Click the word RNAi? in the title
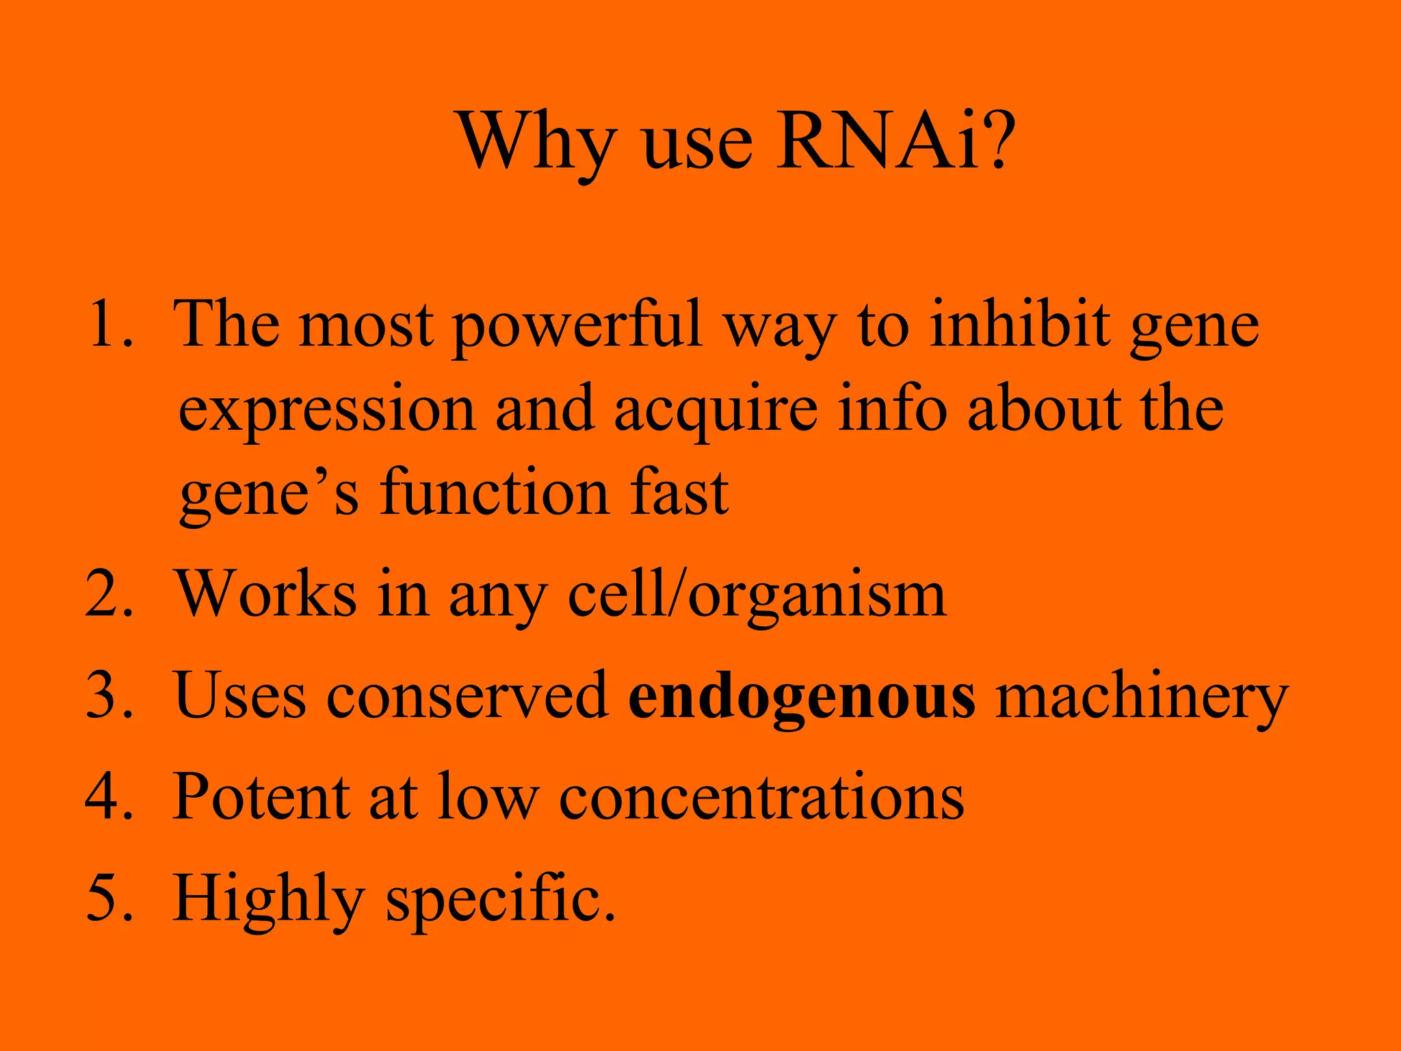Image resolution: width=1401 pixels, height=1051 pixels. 893,142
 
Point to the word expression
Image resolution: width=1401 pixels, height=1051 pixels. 327,411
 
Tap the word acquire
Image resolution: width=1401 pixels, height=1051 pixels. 716,411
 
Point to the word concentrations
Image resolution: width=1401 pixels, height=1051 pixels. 761,797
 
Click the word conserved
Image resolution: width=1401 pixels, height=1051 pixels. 467,695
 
